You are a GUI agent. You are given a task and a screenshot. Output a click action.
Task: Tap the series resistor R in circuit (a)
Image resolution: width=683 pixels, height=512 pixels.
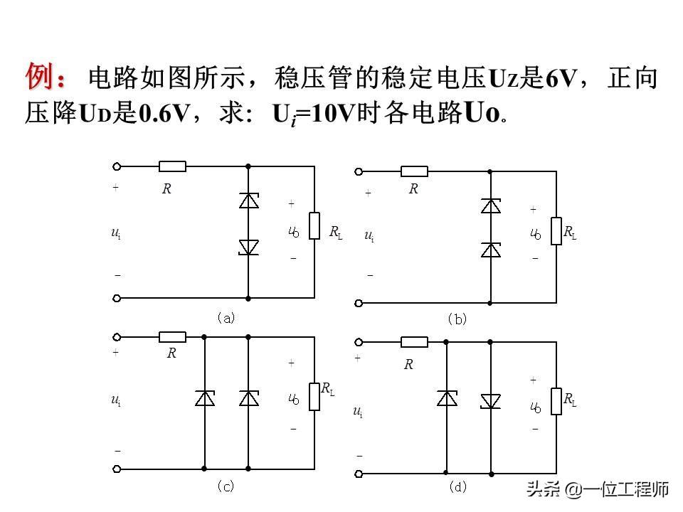coord(172,166)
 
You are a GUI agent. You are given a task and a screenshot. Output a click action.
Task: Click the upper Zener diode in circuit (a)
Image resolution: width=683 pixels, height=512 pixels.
coord(248,201)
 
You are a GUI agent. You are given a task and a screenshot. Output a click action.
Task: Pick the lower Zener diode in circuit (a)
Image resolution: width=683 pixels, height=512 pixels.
coord(248,247)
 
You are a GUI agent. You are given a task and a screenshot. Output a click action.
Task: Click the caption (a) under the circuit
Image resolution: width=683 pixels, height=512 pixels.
coord(226,318)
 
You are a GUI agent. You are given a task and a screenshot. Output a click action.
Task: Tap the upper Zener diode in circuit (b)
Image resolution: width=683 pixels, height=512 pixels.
coord(490,206)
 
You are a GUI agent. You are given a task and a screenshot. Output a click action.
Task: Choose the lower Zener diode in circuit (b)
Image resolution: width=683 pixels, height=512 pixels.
coord(490,250)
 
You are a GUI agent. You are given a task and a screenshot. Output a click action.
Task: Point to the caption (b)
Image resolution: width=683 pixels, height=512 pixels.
coord(457,319)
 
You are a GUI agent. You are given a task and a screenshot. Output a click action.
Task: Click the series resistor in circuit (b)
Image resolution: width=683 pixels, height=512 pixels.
coord(414,171)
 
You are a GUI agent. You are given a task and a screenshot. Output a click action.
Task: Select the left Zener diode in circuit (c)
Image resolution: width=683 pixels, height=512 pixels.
coord(204,398)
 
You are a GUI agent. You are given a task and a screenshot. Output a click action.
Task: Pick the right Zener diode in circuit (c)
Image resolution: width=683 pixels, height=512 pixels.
coord(248,398)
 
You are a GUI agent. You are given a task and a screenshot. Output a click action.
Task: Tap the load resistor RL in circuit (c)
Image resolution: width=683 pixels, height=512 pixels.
coord(314,396)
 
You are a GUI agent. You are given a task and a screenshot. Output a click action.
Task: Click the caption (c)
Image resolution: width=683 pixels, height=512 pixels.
coord(226,486)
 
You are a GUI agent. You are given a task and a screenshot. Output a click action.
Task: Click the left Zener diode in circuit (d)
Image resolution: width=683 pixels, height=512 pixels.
coord(446,399)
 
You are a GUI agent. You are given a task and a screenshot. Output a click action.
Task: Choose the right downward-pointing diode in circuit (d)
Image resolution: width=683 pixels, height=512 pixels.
coord(490,400)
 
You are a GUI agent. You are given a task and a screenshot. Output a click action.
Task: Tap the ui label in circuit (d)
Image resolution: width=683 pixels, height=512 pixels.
coord(357,412)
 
